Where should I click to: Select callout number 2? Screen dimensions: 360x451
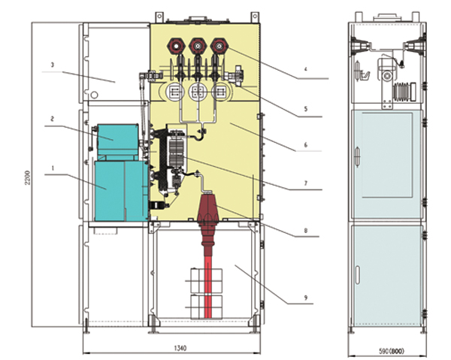tap(53, 119)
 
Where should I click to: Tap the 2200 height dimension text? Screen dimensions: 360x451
tap(28, 177)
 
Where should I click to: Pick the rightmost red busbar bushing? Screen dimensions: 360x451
tap(219, 44)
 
